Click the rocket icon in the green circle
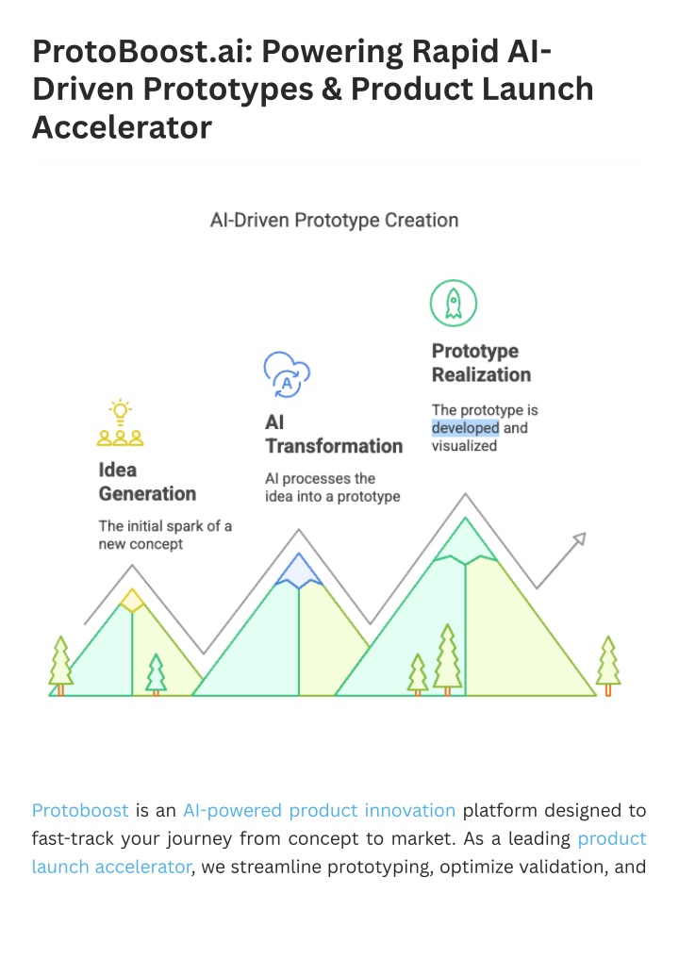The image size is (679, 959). click(454, 304)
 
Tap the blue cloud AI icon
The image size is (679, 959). click(287, 374)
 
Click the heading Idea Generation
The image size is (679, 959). click(147, 482)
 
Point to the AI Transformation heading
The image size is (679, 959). click(334, 435)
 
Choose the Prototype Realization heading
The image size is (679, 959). click(481, 363)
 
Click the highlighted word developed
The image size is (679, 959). click(466, 428)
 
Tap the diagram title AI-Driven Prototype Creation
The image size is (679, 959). click(334, 220)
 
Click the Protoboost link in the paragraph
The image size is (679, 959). click(80, 810)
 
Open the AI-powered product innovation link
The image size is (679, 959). click(320, 811)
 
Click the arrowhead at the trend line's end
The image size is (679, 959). click(579, 538)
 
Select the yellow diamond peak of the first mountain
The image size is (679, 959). click(132, 601)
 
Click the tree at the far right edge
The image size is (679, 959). click(608, 666)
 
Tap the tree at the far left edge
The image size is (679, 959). click(60, 666)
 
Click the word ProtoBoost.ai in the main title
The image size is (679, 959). click(142, 51)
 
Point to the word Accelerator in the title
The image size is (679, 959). click(122, 127)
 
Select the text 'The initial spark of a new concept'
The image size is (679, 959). click(165, 536)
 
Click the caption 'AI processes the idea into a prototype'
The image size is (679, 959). click(333, 488)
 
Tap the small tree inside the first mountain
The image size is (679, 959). click(156, 674)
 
